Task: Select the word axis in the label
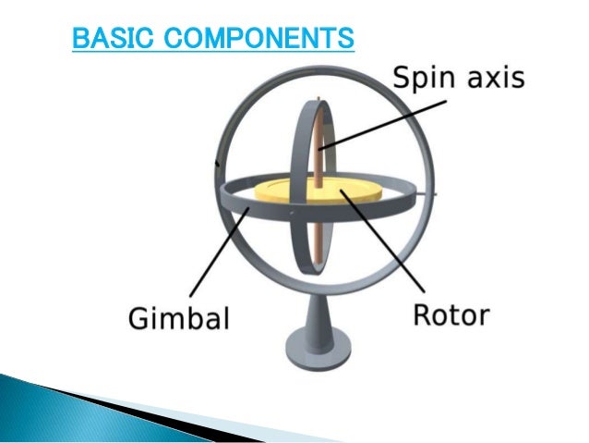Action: (x=495, y=78)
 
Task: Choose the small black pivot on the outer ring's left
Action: (x=218, y=164)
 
